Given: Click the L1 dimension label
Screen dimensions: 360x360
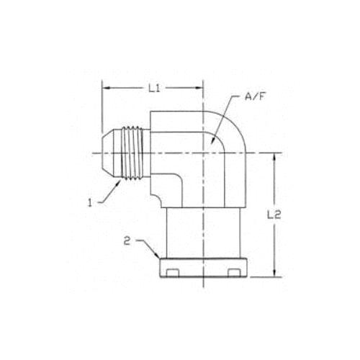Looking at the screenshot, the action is tap(154, 89).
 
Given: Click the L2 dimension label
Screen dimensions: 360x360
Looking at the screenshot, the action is tap(274, 215).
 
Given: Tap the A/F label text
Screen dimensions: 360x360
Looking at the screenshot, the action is tap(256, 96).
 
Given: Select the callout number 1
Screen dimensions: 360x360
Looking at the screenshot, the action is tap(90, 203).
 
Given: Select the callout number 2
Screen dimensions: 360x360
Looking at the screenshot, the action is tap(127, 241).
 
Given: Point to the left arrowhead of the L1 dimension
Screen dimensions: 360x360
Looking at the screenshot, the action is tap(107, 89).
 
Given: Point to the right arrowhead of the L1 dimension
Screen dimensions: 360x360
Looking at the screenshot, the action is tap(199, 89).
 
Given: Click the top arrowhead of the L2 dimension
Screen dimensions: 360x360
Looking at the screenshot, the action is tap(274, 158).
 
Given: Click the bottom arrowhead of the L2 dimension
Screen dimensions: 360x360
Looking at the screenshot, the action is tap(274, 273).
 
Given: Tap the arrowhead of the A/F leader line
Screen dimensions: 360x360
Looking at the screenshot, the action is tap(212, 140).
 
